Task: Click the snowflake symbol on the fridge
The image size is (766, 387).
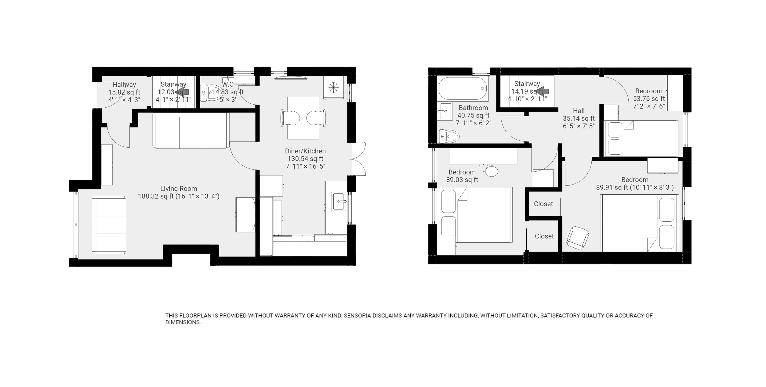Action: click(333, 88)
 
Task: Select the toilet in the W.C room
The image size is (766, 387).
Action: click(211, 92)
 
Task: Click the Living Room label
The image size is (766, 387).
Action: click(179, 188)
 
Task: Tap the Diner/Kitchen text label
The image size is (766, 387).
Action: click(305, 151)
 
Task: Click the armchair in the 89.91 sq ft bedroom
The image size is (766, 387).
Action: click(577, 238)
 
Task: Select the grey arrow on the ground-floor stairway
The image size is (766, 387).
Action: click(183, 91)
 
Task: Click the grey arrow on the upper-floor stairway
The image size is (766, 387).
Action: click(542, 91)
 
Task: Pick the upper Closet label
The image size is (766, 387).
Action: click(543, 204)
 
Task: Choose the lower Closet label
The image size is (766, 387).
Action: click(544, 236)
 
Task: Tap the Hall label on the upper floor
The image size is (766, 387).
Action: click(579, 111)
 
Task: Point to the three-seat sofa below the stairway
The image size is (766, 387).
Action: click(191, 131)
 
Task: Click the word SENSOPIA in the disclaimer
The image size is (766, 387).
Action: click(357, 316)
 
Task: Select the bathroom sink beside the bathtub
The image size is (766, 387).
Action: click(445, 111)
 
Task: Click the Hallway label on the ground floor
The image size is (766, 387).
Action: click(124, 84)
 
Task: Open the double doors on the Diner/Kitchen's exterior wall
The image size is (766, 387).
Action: click(358, 159)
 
